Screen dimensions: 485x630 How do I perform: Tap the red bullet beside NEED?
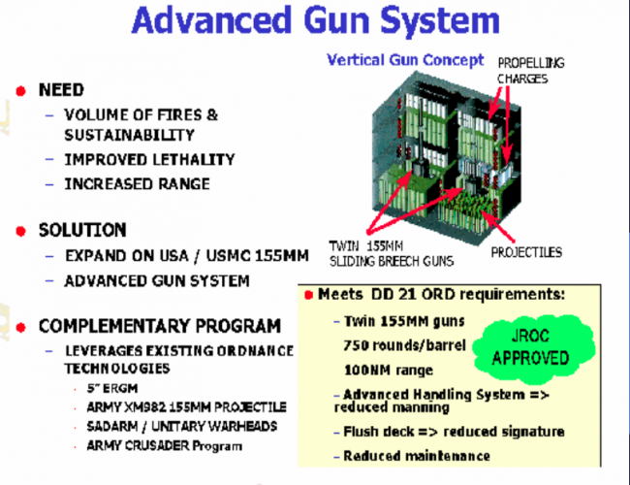(19, 90)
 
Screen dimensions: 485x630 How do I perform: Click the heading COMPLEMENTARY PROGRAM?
(160, 325)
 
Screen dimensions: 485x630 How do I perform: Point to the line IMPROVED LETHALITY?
(149, 159)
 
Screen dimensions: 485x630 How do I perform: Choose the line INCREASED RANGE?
(137, 183)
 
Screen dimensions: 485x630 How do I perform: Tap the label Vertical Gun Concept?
(405, 59)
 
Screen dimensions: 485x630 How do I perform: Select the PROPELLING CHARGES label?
(531, 71)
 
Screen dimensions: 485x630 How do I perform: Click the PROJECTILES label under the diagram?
(525, 252)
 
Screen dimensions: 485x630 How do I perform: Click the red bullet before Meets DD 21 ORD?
(307, 294)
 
